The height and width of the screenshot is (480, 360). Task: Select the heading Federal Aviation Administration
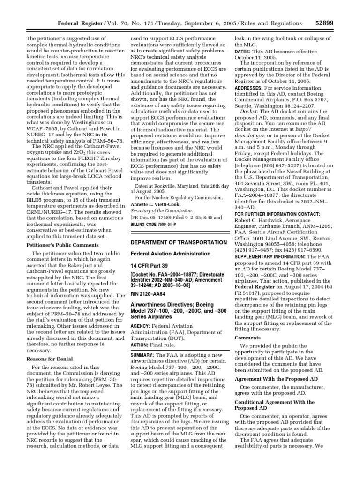167,254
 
